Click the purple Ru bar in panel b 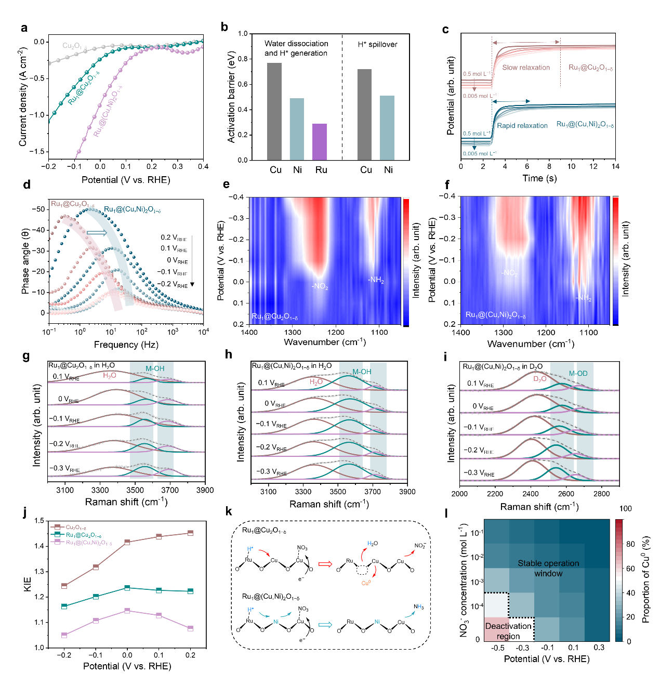(x=319, y=141)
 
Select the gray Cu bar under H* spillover (x=364, y=114)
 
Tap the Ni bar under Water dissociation (x=297, y=129)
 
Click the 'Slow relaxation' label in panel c (x=526, y=68)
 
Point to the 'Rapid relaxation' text (x=522, y=126)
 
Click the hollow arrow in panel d (x=97, y=232)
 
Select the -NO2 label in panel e (x=320, y=286)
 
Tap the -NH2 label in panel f (x=584, y=298)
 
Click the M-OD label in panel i (x=578, y=373)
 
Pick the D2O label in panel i (x=540, y=379)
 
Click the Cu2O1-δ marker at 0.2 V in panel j (x=190, y=533)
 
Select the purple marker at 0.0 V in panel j (x=127, y=611)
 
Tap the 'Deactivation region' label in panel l (x=508, y=631)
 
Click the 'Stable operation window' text (x=548, y=568)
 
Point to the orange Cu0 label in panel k (x=366, y=583)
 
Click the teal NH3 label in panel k (x=418, y=607)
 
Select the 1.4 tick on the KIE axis (x=39, y=546)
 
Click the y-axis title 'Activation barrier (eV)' (x=231, y=97)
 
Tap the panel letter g (x=25, y=357)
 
